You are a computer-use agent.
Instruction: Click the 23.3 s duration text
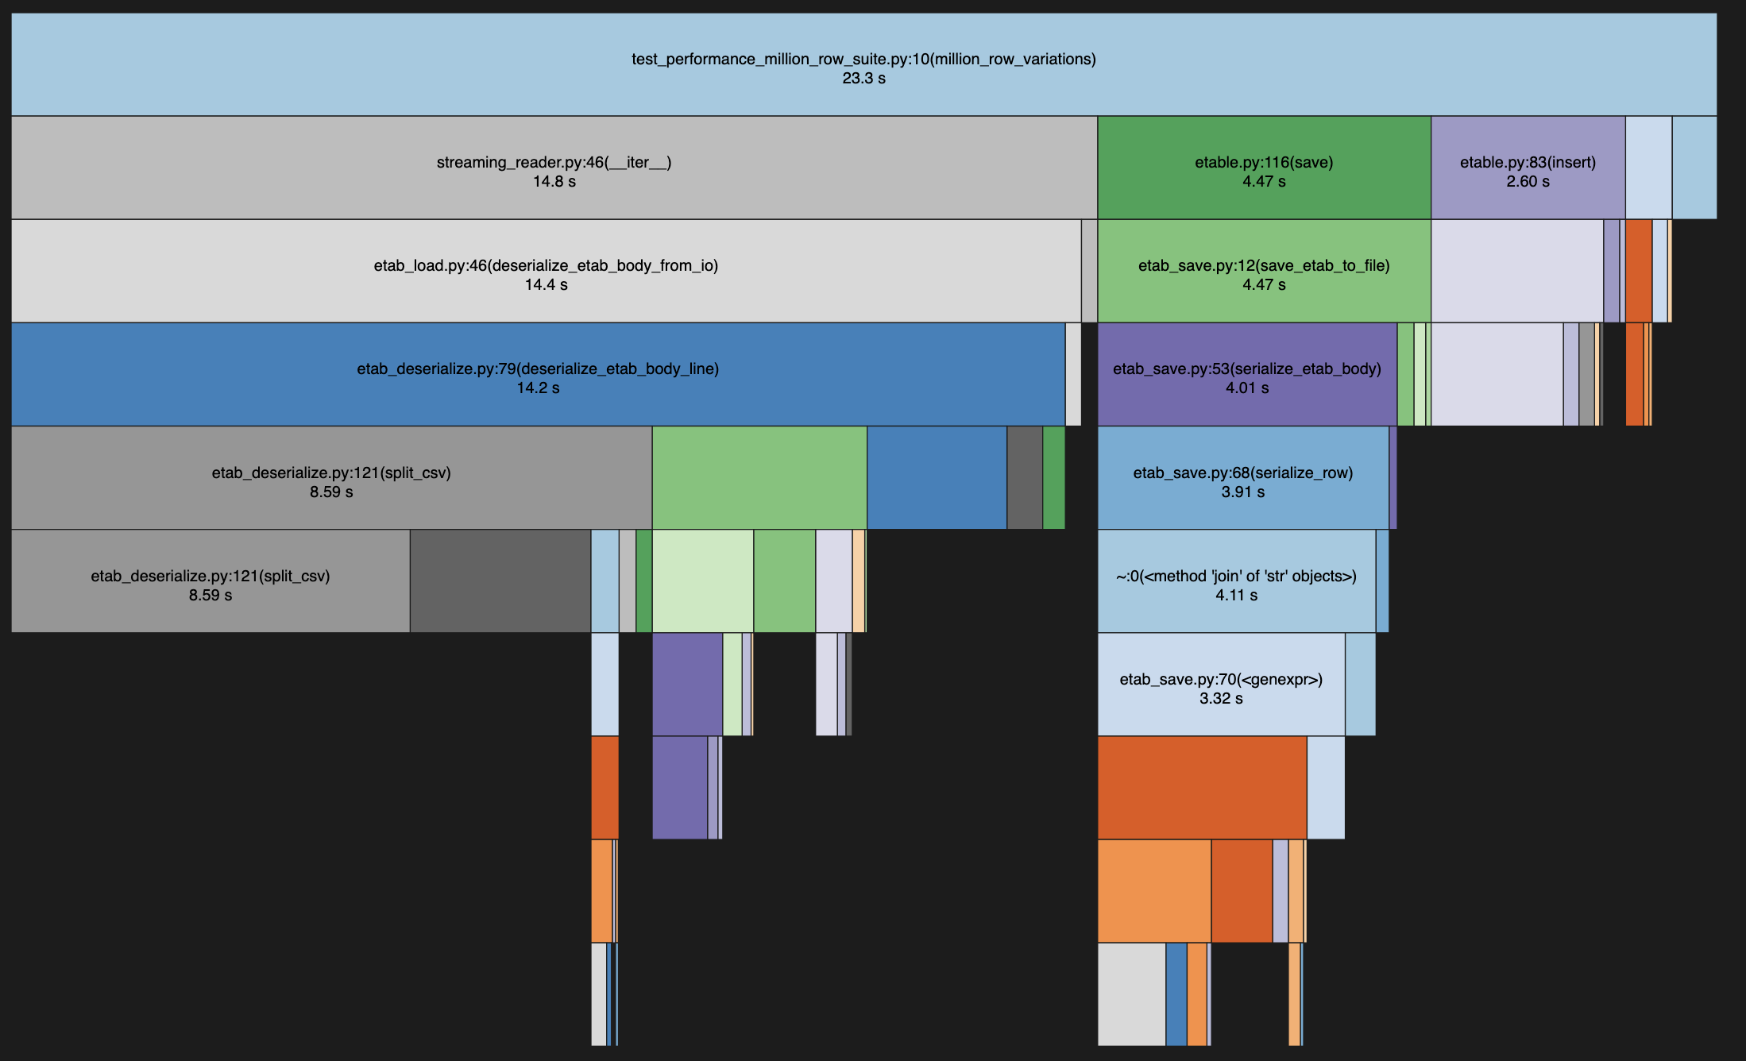[x=863, y=79]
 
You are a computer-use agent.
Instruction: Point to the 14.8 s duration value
[x=554, y=182]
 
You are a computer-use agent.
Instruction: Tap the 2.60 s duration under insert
[x=1527, y=182]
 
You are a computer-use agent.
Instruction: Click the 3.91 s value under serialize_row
[x=1242, y=492]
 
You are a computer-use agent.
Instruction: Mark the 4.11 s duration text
[x=1236, y=596]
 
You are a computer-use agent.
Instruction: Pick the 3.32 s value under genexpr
[x=1221, y=699]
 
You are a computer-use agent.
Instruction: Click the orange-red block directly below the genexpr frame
[x=1202, y=787]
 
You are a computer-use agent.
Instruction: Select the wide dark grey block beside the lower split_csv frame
[x=500, y=581]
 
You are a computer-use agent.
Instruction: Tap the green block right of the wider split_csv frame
[x=759, y=477]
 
